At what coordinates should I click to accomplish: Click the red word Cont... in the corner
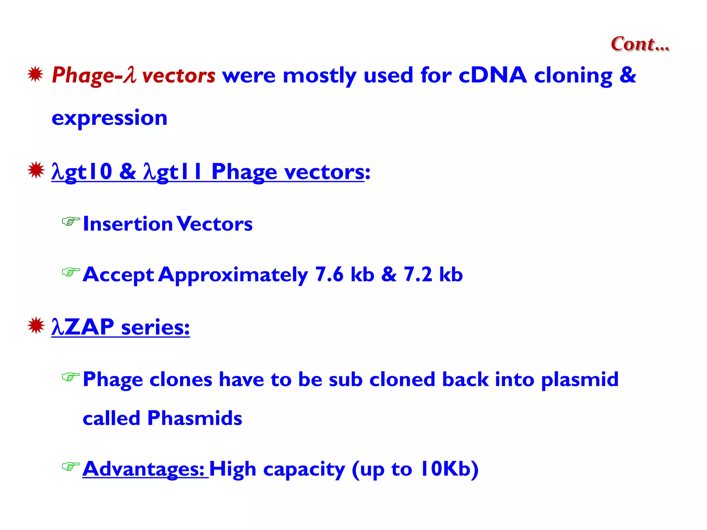(640, 44)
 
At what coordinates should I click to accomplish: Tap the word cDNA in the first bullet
(492, 75)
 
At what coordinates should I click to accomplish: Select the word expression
(109, 118)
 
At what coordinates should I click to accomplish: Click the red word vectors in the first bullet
(178, 75)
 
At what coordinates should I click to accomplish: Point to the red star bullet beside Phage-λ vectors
(35, 74)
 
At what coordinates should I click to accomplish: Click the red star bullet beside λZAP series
(36, 325)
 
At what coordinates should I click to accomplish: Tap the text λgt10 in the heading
(82, 172)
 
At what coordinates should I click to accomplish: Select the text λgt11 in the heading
(173, 172)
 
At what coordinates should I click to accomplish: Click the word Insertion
(128, 224)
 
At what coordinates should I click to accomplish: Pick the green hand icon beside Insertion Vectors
(71, 221)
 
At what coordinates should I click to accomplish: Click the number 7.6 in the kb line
(329, 275)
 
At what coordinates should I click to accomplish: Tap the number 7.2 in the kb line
(418, 275)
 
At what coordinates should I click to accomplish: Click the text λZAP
(83, 327)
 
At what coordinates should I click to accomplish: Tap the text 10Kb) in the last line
(449, 469)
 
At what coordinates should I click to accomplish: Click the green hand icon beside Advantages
(71, 467)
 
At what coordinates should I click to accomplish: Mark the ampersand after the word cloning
(628, 75)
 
